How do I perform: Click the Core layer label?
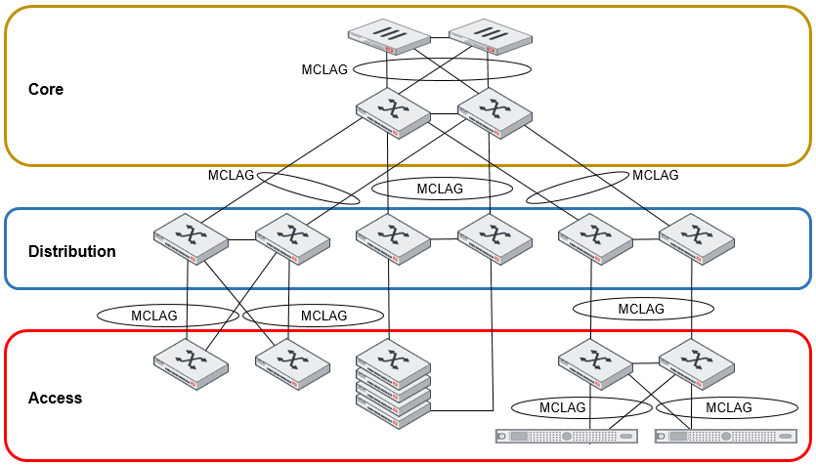[46, 89]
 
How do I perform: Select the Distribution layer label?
[71, 251]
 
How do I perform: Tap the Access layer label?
[55, 398]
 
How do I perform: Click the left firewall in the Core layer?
[389, 37]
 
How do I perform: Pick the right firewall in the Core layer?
[491, 37]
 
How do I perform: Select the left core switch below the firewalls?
[393, 112]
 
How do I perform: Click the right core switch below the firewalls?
[494, 112]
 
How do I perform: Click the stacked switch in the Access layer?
[393, 383]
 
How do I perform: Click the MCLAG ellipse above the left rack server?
[563, 407]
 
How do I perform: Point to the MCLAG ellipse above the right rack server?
[728, 407]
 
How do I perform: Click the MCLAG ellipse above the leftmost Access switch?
[168, 316]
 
